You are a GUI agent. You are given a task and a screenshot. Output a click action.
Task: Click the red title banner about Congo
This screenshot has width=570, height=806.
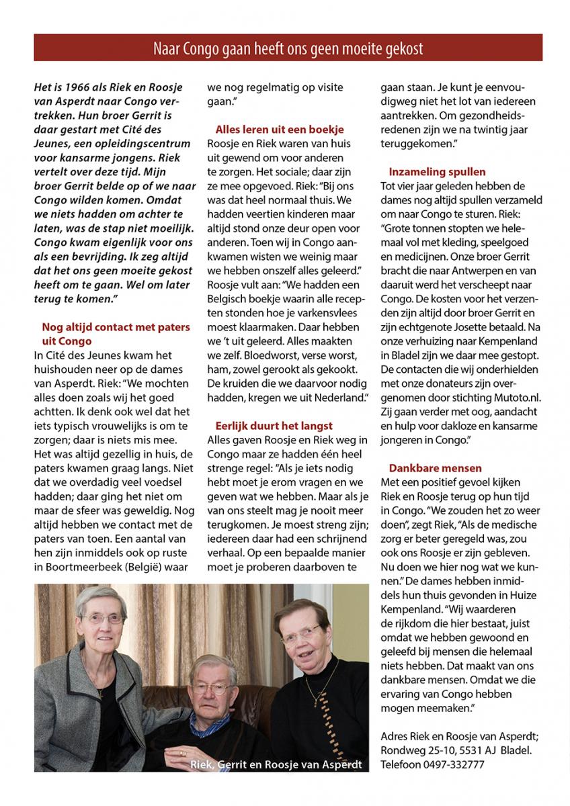(x=288, y=48)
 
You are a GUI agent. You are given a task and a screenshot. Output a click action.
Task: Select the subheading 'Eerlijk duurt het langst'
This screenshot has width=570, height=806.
(x=274, y=425)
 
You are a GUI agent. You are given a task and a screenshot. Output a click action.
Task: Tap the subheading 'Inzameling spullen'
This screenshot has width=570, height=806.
(x=437, y=172)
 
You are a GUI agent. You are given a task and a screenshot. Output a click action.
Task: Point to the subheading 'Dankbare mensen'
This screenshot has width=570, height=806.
(x=435, y=467)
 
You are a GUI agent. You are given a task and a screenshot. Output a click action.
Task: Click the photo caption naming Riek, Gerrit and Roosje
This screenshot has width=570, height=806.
(x=276, y=764)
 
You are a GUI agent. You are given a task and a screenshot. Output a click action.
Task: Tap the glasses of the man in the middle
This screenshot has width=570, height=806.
(x=211, y=689)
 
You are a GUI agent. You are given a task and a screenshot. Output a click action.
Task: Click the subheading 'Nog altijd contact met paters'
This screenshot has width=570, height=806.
(x=116, y=327)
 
